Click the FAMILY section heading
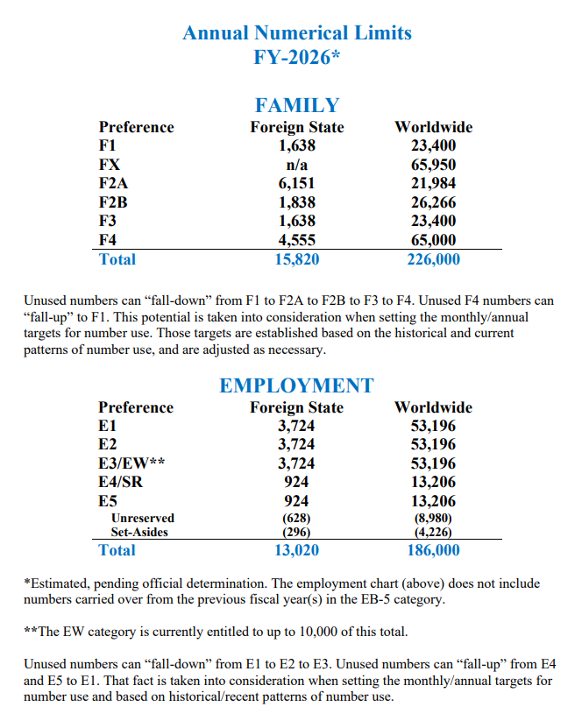(297, 105)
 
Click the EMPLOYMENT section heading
(296, 385)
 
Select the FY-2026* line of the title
(297, 57)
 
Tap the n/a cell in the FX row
(297, 165)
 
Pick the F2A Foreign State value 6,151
(297, 183)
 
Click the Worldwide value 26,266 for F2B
(433, 202)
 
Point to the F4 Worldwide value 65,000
(433, 240)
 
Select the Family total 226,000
(433, 259)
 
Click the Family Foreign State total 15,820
(297, 259)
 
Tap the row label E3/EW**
(131, 463)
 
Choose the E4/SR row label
(120, 482)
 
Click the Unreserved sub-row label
(143, 518)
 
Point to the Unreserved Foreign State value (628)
(296, 518)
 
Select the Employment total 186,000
(433, 550)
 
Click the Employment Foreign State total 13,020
(296, 550)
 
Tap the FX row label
(110, 165)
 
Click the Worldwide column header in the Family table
(433, 127)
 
